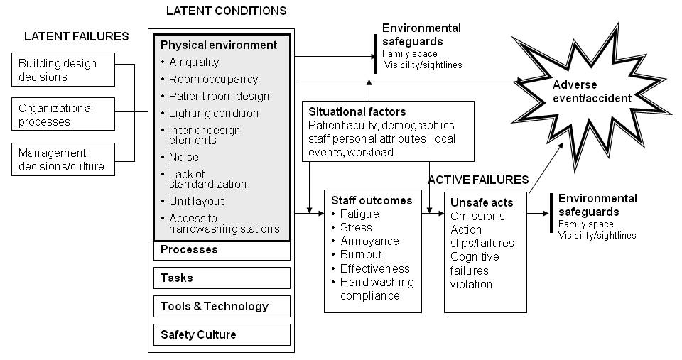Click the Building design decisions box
pyautogui.click(x=63, y=69)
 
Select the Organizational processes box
pyautogui.click(x=63, y=114)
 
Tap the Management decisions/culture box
pyautogui.click(x=63, y=160)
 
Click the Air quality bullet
pyautogui.click(x=193, y=62)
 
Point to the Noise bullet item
pyautogui.click(x=183, y=157)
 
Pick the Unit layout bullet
pyautogui.click(x=195, y=201)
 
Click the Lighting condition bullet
pyautogui.click(x=213, y=113)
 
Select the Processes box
pyautogui.click(x=221, y=250)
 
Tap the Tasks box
pyautogui.click(x=221, y=278)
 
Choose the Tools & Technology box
pyautogui.click(x=221, y=306)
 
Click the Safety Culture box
pyautogui.click(x=221, y=334)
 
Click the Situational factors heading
pyautogui.click(x=357, y=111)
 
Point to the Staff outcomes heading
pyautogui.click(x=372, y=200)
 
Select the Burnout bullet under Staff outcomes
pyautogui.click(x=360, y=254)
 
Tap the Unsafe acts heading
pyautogui.click(x=482, y=202)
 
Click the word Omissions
pyautogui.click(x=477, y=216)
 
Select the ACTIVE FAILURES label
pyautogui.click(x=478, y=180)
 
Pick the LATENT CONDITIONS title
pyautogui.click(x=226, y=11)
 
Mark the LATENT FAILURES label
pyautogui.click(x=76, y=36)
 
